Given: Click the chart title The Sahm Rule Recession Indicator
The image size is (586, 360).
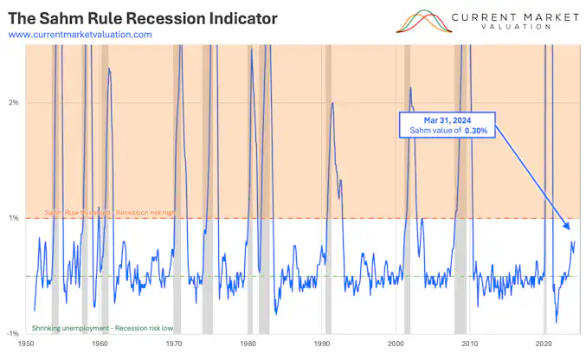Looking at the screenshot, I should (x=143, y=17).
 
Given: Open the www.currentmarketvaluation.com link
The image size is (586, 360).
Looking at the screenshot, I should (x=80, y=35).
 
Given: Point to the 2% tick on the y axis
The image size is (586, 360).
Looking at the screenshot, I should (x=14, y=103).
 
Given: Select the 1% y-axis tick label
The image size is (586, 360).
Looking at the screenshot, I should (x=14, y=218).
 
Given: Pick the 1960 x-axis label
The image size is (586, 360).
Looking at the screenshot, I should (x=100, y=344).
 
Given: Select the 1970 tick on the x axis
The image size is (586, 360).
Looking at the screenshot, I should (x=174, y=344).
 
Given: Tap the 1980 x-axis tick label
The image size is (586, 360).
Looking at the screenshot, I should (x=248, y=344).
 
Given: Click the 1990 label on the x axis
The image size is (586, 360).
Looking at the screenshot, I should (x=322, y=344).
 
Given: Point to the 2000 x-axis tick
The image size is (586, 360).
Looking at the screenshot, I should (x=396, y=344).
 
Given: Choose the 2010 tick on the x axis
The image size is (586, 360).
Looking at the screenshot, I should (x=470, y=344).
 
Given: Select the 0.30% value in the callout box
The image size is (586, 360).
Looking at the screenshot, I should (x=473, y=130).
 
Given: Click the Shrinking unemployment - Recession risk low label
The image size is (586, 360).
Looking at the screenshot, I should (x=102, y=328).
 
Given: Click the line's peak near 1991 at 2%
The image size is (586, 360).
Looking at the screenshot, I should (x=333, y=103).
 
